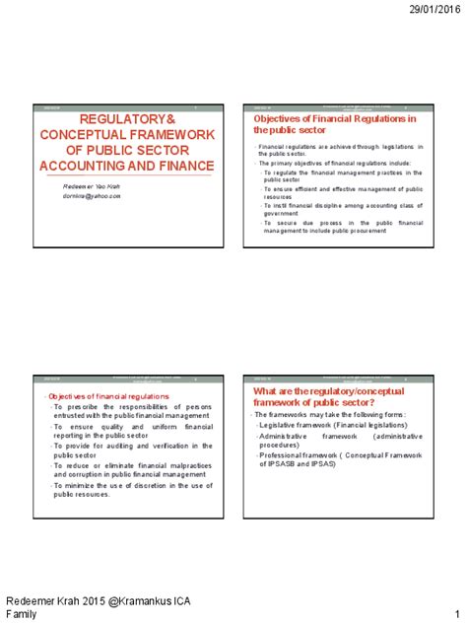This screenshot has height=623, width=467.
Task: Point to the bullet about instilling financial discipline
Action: click(342, 209)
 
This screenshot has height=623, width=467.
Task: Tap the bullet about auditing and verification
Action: click(118, 450)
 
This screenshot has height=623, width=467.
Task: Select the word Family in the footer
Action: click(23, 614)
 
